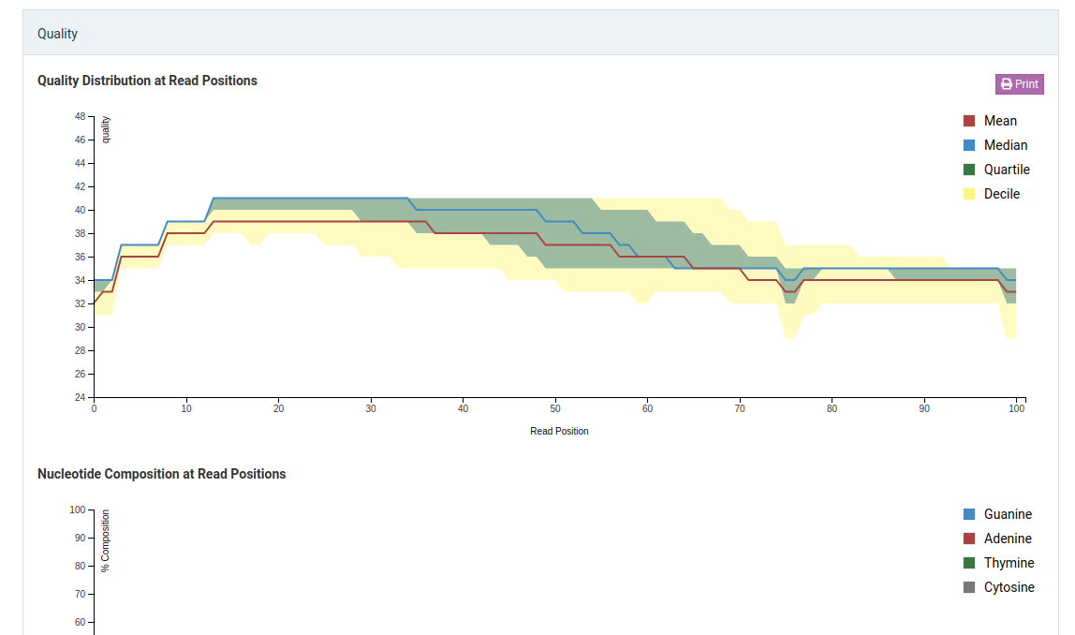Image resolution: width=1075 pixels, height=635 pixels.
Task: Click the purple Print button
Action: coord(1019,84)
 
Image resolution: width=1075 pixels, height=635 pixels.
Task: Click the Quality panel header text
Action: coord(57,34)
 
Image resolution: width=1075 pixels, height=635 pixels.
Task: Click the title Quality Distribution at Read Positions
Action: coord(147,81)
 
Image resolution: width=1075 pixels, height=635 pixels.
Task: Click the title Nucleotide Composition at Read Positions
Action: coord(161,474)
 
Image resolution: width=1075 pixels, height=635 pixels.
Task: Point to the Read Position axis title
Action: coord(559,431)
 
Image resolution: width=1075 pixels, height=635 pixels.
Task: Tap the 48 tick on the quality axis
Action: coord(80,116)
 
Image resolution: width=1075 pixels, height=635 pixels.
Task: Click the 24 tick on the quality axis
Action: coord(80,397)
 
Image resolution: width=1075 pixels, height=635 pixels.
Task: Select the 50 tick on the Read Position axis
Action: coord(555,408)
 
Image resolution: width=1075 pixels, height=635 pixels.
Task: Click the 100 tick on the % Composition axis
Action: coord(77,509)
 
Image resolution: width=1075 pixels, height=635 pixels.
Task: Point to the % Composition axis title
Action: coord(106,540)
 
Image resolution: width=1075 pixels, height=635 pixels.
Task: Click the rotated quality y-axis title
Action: coord(106,129)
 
